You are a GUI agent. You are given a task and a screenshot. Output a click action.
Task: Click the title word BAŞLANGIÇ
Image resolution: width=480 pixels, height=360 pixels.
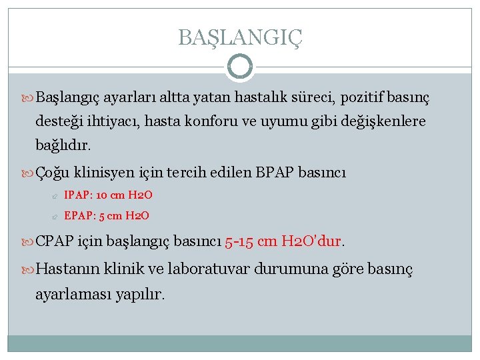coord(240,37)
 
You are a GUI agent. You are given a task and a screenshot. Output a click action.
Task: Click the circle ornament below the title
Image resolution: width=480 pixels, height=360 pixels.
coord(240,67)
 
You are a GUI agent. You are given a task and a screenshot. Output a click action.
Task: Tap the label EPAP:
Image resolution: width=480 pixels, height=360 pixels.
coord(78,215)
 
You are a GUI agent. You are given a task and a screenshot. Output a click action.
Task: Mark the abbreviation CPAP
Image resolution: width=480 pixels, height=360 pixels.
coord(55,240)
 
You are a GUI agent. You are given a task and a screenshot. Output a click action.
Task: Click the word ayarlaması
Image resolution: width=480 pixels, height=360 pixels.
coord(69,293)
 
